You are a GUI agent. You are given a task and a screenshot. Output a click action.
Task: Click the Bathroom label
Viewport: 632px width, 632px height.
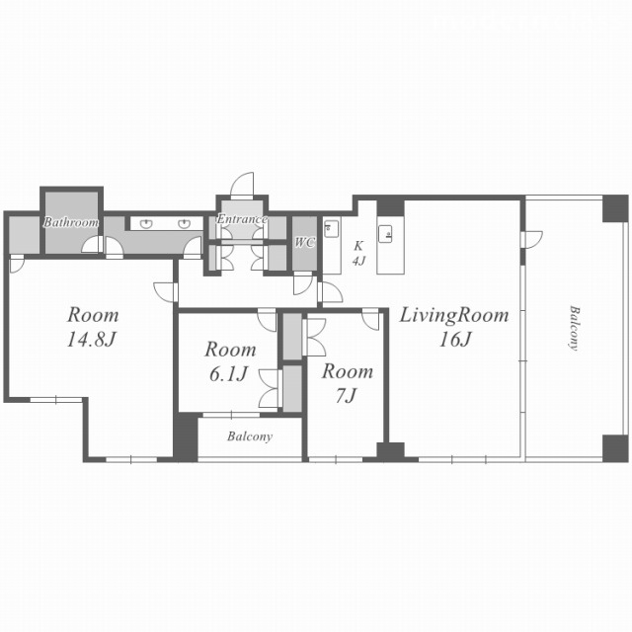(x=71, y=222)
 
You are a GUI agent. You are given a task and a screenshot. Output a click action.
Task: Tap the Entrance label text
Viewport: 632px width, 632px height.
(x=242, y=219)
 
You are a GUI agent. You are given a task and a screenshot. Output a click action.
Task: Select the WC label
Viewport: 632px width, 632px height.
(x=305, y=243)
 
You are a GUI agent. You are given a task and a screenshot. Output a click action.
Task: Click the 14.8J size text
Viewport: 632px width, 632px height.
(x=92, y=340)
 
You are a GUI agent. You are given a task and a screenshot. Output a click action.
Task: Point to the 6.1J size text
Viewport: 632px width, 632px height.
(x=228, y=374)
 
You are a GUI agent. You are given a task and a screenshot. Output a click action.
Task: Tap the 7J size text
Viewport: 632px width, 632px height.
(x=346, y=396)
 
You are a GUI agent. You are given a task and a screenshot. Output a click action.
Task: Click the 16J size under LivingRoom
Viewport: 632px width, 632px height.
(x=455, y=340)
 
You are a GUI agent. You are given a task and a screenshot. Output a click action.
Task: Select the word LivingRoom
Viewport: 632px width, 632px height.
(x=454, y=315)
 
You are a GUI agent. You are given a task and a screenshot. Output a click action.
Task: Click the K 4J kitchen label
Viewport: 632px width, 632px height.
(x=358, y=254)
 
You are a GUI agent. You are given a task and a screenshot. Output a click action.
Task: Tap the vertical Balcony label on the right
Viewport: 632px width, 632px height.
(x=574, y=329)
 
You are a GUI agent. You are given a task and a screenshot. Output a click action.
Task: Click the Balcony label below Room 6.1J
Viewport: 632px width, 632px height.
(x=250, y=436)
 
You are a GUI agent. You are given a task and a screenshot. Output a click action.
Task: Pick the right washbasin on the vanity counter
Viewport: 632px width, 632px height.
(x=185, y=224)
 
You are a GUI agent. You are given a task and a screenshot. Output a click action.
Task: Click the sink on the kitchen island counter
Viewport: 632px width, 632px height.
(x=385, y=234)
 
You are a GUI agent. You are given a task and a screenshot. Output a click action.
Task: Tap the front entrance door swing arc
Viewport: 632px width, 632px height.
(x=242, y=185)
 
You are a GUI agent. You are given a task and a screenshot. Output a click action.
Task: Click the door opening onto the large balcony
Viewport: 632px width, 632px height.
(x=531, y=239)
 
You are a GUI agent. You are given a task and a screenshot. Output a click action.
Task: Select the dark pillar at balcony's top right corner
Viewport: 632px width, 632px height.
(x=615, y=208)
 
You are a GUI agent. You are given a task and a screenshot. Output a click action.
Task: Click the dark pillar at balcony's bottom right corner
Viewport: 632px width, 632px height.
(x=615, y=448)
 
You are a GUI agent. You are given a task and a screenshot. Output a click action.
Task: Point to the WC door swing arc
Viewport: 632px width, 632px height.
(x=303, y=283)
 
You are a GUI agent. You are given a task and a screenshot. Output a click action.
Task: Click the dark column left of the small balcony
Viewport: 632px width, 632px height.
(x=186, y=437)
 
